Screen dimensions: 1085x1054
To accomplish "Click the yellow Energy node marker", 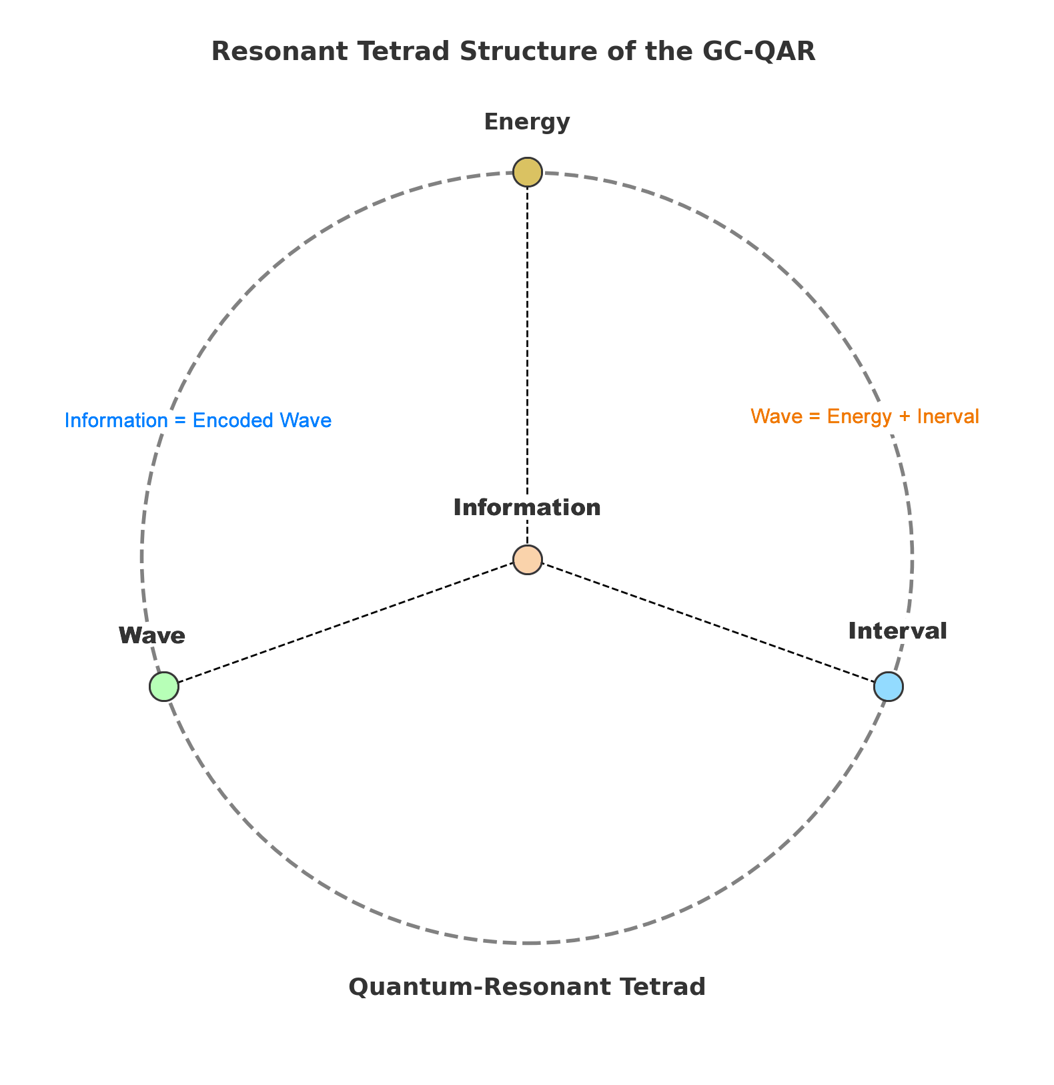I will (527, 172).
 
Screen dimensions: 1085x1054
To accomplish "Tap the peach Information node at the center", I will (527, 559).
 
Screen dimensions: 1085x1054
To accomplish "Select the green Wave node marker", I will (164, 687).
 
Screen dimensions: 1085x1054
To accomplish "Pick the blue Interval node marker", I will (889, 687).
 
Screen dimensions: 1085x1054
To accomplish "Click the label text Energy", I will (527, 122).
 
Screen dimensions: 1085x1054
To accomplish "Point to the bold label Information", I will (527, 508).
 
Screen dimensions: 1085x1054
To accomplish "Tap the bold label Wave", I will (152, 635).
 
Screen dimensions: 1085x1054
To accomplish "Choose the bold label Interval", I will (897, 631).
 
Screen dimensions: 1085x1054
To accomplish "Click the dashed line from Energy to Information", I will (527, 360).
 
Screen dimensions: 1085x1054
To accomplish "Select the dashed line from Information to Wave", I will (347, 623).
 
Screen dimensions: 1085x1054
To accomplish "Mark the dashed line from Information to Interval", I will (707, 623).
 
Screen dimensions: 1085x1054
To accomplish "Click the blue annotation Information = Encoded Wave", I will (198, 421).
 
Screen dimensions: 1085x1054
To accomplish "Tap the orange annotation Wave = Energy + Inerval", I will (865, 416).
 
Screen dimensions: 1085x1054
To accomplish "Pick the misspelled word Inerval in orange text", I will (948, 416).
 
